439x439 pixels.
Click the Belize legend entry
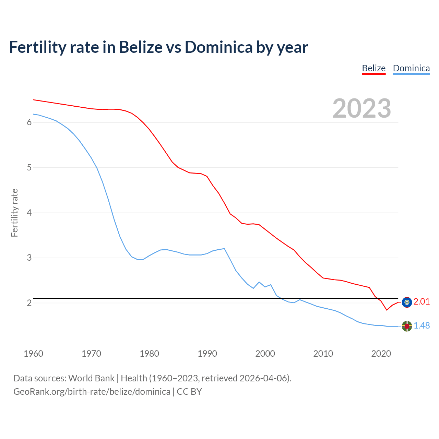point(373,68)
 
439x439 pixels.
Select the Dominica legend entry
point(411,68)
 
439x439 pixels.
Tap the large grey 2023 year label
point(362,108)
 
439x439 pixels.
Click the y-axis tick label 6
point(29,122)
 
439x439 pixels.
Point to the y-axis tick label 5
point(29,168)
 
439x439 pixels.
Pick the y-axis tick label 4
point(29,213)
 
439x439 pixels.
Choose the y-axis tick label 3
point(29,258)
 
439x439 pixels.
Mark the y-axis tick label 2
point(29,303)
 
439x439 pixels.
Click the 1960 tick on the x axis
point(33,354)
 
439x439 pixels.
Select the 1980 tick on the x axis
point(149,354)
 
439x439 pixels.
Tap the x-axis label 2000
point(265,354)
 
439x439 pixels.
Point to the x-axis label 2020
point(381,354)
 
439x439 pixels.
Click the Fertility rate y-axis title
point(14,213)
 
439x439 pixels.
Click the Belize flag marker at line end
point(407,302)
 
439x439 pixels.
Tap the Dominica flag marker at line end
point(407,326)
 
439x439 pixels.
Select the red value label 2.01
point(422,302)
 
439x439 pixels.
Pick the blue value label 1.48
point(422,326)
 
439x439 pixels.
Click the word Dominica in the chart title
point(218,47)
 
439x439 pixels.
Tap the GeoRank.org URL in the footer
point(92,392)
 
